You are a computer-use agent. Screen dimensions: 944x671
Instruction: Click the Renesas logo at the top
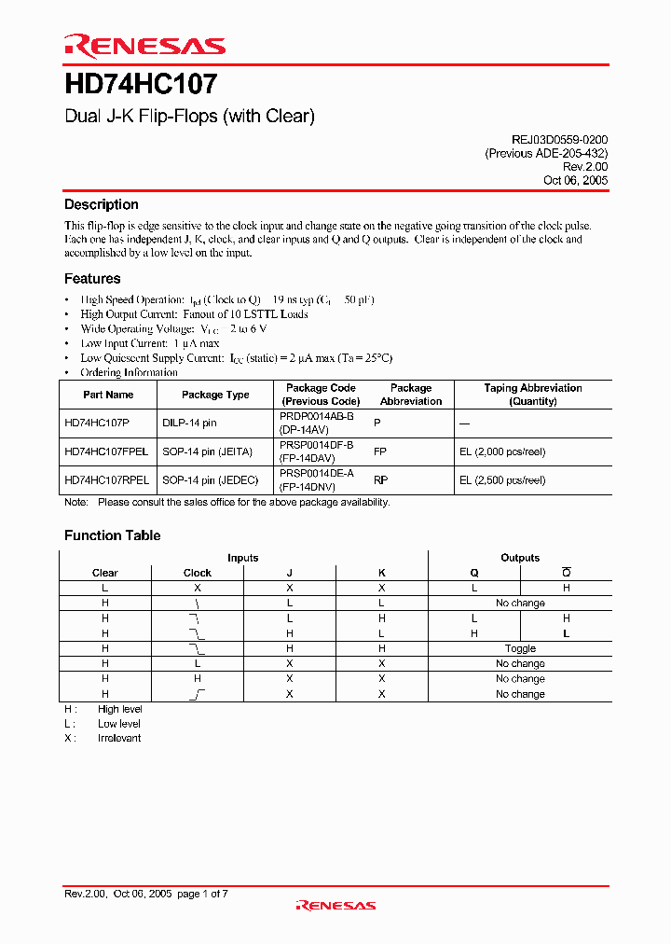click(x=144, y=46)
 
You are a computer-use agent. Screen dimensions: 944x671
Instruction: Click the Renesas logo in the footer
click(x=335, y=905)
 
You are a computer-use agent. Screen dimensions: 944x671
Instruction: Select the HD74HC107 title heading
click(x=141, y=85)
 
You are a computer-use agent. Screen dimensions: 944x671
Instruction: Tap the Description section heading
click(x=101, y=204)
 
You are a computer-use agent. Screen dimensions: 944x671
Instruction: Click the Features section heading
click(x=92, y=278)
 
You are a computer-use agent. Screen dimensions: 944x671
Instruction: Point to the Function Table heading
click(x=112, y=535)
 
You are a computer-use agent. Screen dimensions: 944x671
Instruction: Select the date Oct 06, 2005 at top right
click(x=575, y=180)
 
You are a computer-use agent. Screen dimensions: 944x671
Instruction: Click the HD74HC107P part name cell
click(x=97, y=423)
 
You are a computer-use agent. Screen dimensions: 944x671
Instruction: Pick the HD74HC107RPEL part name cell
click(x=106, y=480)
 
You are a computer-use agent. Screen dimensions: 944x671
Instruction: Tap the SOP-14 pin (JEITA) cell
click(x=207, y=451)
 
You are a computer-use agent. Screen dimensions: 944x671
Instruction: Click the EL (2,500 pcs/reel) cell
click(x=502, y=480)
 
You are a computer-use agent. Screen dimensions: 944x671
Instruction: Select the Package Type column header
click(x=215, y=395)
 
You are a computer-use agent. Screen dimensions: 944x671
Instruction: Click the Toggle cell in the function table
click(x=520, y=648)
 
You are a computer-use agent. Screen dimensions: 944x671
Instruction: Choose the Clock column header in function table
click(x=198, y=573)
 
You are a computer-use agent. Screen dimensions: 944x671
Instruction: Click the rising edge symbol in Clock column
click(x=198, y=694)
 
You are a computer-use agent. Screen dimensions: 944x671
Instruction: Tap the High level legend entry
click(x=119, y=709)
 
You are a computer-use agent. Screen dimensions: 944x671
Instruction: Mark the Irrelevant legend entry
click(x=119, y=738)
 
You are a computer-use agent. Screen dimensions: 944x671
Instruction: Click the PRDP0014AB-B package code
click(x=317, y=417)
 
